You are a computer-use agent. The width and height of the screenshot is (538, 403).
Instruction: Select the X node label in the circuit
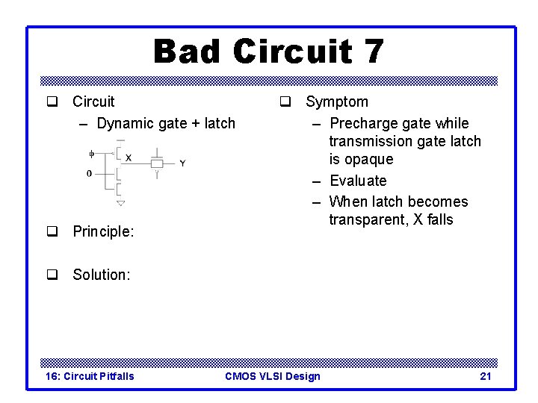pyautogui.click(x=129, y=157)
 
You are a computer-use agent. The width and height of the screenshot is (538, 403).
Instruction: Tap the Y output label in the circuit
pyautogui.click(x=182, y=163)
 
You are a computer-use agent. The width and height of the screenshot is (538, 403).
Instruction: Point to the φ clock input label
pyautogui.click(x=91, y=154)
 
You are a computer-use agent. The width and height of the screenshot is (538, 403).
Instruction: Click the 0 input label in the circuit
pyautogui.click(x=90, y=173)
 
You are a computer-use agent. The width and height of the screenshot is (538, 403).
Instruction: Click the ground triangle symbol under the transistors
pyautogui.click(x=120, y=202)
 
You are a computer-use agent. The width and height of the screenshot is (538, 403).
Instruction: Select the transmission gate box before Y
pyautogui.click(x=157, y=163)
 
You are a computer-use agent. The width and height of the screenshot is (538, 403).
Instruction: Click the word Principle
pyautogui.click(x=102, y=232)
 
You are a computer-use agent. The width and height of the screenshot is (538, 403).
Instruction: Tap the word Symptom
pyautogui.click(x=337, y=101)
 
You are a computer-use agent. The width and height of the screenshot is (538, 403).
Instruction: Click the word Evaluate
pyautogui.click(x=358, y=181)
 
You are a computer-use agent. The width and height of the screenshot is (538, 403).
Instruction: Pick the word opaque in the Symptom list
pyautogui.click(x=361, y=160)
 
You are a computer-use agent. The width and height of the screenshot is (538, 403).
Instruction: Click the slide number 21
pyautogui.click(x=485, y=376)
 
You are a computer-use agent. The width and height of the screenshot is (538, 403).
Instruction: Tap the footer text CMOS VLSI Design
pyautogui.click(x=272, y=376)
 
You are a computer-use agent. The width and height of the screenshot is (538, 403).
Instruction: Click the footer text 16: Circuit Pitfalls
pyautogui.click(x=90, y=376)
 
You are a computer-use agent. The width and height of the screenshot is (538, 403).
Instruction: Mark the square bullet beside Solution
pyautogui.click(x=52, y=274)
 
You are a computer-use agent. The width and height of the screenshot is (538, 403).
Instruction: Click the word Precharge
pyautogui.click(x=362, y=123)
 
